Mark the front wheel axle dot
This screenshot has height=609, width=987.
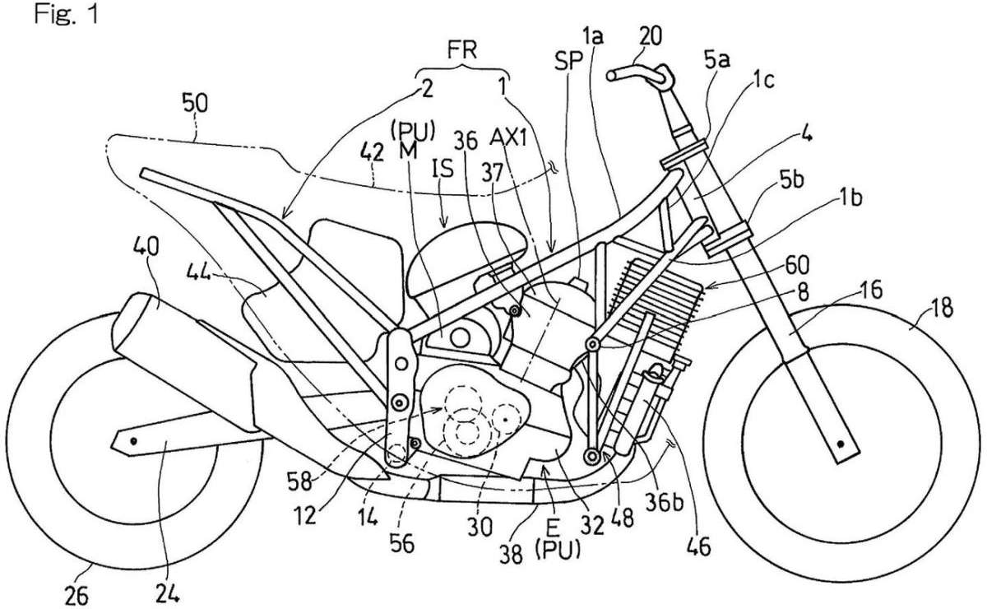point(840,445)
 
